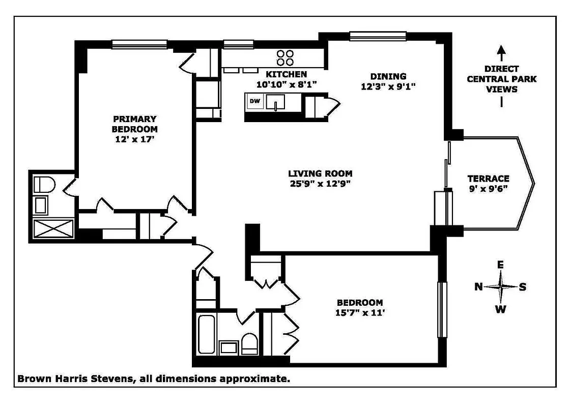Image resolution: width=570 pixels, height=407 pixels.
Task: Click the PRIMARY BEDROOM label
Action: point(134,124)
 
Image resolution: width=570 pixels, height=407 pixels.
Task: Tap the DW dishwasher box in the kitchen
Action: point(254,101)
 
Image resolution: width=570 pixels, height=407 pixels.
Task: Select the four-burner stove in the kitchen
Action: point(285,57)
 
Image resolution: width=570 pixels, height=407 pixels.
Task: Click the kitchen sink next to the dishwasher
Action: point(276,104)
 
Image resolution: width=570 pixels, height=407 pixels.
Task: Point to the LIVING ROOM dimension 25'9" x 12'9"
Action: point(320,183)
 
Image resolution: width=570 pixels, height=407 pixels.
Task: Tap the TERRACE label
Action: point(488,179)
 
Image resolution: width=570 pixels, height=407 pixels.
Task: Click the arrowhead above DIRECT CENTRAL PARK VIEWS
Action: point(501,50)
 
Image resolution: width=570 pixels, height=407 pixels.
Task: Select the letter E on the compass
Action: point(500,265)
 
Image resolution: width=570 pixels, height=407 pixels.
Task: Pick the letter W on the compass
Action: point(501,309)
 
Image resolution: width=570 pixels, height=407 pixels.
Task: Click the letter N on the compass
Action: point(478,287)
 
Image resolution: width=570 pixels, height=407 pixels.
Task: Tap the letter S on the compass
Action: point(523,287)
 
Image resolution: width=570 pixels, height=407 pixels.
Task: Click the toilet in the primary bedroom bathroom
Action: point(43,185)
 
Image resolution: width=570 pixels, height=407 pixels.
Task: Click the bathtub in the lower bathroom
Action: point(206,334)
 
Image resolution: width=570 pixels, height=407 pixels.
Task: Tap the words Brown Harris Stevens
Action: point(74,379)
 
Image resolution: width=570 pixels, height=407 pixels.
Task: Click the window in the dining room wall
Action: point(378,36)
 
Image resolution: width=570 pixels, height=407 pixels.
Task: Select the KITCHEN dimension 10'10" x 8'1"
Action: point(286,84)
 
